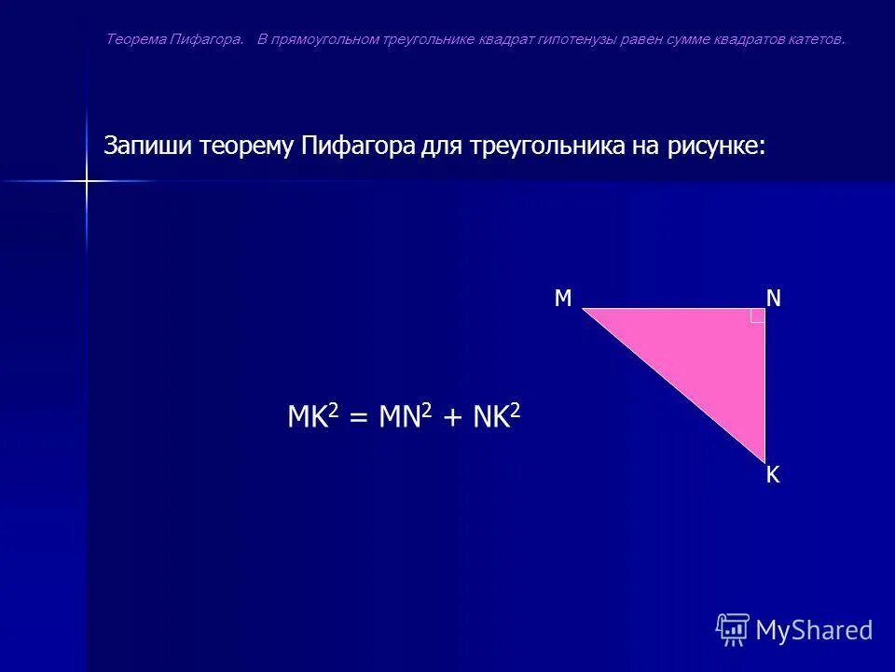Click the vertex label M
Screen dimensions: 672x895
(563, 298)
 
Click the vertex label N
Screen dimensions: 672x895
(774, 298)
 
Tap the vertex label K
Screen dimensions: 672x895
(773, 476)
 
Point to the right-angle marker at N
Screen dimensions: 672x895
(757, 315)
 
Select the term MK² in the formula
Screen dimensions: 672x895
(312, 416)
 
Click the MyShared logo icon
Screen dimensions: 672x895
(733, 630)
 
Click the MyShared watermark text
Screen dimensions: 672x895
(814, 630)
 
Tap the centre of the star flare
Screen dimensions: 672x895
(86, 180)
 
